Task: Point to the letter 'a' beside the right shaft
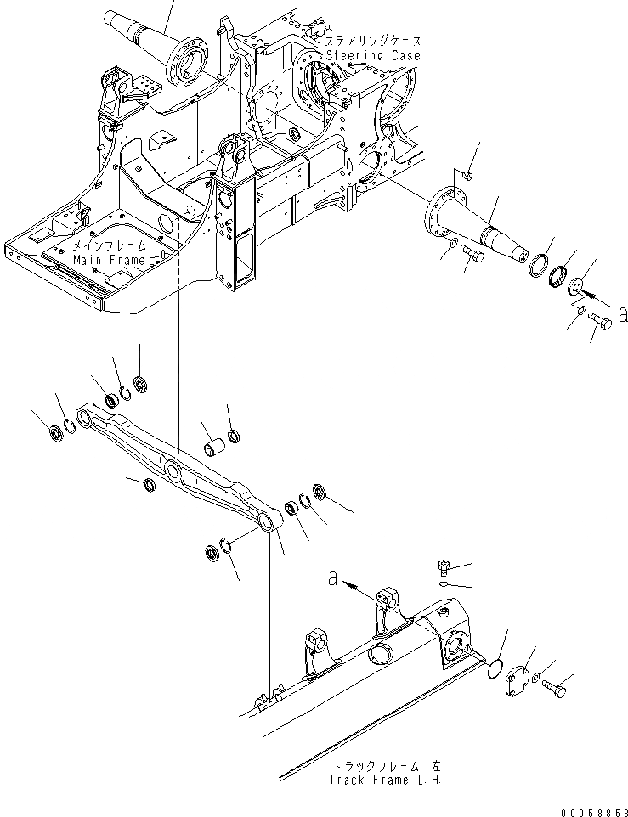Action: [623, 315]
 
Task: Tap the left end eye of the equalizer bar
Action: [85, 415]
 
